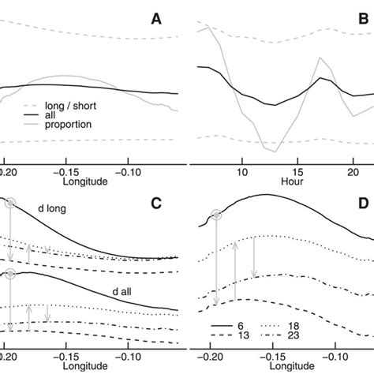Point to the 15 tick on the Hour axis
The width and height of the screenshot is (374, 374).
pyautogui.click(x=297, y=170)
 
